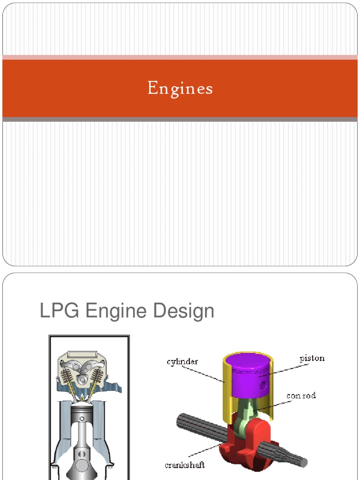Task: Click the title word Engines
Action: pos(180,88)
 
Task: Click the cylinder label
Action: pos(182,362)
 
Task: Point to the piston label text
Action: pos(312,359)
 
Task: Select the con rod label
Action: pos(301,396)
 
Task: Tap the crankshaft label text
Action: pos(184,465)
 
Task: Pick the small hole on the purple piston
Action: pos(263,385)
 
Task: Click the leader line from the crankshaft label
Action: pos(206,453)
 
